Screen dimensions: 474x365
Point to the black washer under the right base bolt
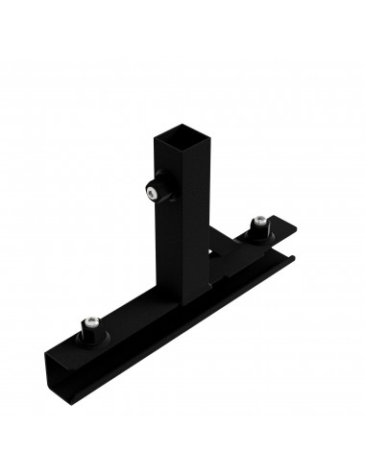pyautogui.click(x=258, y=232)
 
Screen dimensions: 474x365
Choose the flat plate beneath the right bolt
pyautogui.click(x=274, y=232)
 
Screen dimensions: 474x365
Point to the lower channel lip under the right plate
pyautogui.click(x=279, y=257)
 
